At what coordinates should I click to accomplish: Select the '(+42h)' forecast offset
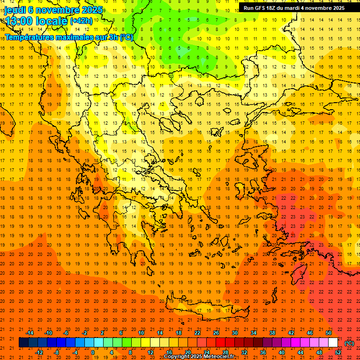[81, 21]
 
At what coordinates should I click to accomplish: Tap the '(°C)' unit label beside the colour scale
[349, 343]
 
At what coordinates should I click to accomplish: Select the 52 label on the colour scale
[338, 352]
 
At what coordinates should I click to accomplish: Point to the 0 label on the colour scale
[93, 352]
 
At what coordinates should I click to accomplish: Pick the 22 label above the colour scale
[197, 333]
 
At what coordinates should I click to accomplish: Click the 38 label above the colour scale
[272, 333]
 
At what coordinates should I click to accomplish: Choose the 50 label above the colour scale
[329, 333]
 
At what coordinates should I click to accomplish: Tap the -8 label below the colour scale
[57, 352]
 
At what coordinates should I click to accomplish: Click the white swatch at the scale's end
[333, 343]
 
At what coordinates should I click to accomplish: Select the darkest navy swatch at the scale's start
[23, 343]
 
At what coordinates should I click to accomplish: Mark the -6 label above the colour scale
[66, 333]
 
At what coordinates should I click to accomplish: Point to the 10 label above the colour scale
[141, 333]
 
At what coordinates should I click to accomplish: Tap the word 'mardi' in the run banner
[294, 8]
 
